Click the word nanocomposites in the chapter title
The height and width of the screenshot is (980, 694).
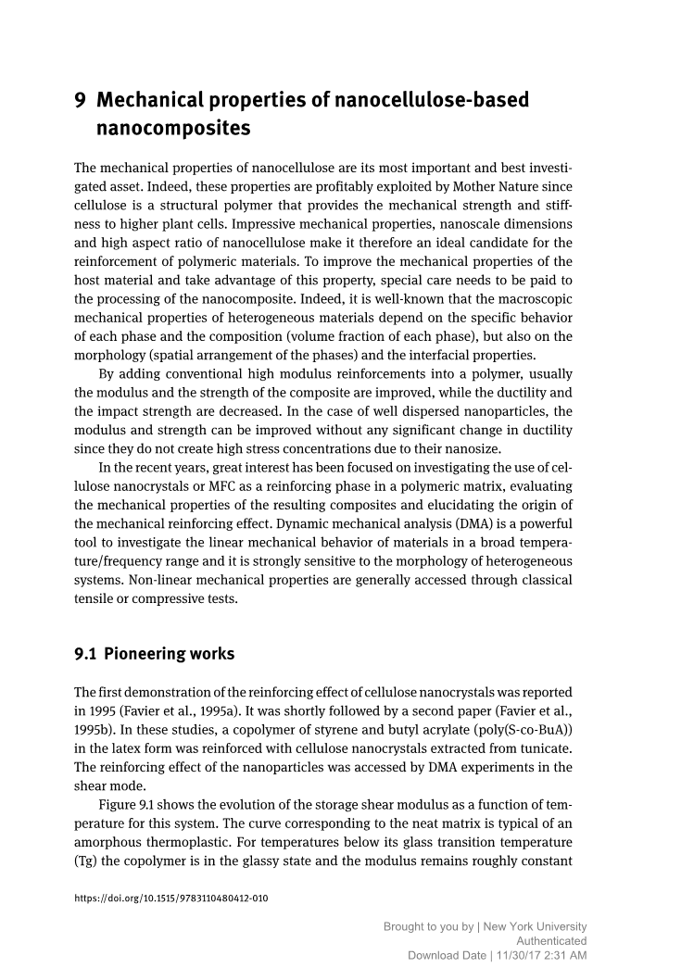[x=173, y=129]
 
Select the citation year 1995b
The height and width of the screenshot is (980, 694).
[x=95, y=731]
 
